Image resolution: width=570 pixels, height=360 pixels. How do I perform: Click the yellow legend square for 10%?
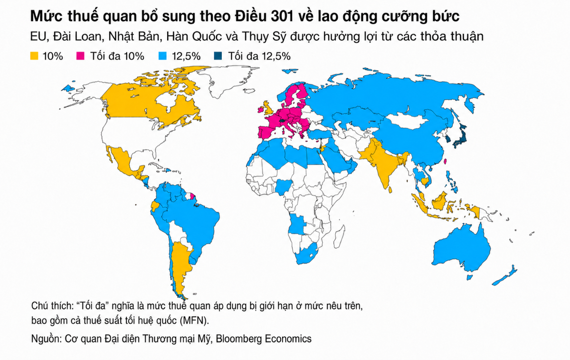coord(34,56)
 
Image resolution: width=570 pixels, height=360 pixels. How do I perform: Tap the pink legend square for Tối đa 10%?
coord(80,56)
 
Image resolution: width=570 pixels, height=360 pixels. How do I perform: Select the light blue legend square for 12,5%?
coord(162,56)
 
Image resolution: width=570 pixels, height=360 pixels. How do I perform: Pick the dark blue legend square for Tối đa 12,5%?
coord(218,56)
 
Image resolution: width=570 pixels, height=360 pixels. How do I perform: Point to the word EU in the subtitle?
coord(38,37)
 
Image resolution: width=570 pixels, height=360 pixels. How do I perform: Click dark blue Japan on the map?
coord(461,137)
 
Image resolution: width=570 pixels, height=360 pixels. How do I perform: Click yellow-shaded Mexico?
coord(122,160)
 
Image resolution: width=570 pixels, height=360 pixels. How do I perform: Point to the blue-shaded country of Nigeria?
coord(283,188)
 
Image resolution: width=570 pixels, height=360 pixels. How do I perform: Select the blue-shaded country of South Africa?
coord(305,255)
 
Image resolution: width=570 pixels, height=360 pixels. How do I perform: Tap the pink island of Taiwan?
coord(446,161)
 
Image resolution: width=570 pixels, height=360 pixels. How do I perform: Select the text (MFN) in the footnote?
coord(194,321)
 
